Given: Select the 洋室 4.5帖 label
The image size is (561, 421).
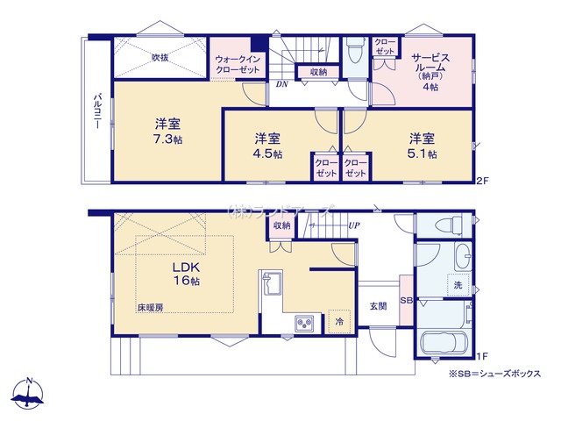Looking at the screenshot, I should click(x=268, y=146).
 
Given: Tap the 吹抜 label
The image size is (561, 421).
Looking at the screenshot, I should click(x=160, y=57).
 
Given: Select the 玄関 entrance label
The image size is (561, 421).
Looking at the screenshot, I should click(x=378, y=305).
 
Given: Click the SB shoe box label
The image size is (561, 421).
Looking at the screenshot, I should click(x=405, y=301).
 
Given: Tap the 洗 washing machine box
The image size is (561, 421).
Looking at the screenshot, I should click(x=457, y=285).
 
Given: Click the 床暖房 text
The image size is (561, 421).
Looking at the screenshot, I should click(x=151, y=309).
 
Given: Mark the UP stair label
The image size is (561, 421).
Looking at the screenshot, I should click(x=354, y=225).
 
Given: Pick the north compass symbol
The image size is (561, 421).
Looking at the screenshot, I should click(x=30, y=395).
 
